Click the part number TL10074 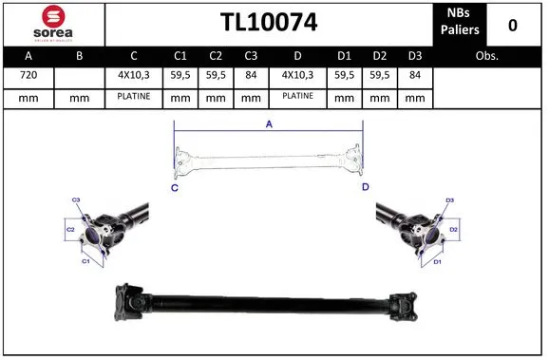pos(269,23)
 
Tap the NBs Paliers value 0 pos(513,24)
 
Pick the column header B pos(79,56)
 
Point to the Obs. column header pos(488,56)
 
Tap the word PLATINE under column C pos(134,97)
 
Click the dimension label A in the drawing pos(269,124)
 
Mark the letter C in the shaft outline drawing pos(175,188)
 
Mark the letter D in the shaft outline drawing pos(365,188)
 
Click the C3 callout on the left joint pos(77,199)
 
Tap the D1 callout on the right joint pos(438,260)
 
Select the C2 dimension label pos(70,230)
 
